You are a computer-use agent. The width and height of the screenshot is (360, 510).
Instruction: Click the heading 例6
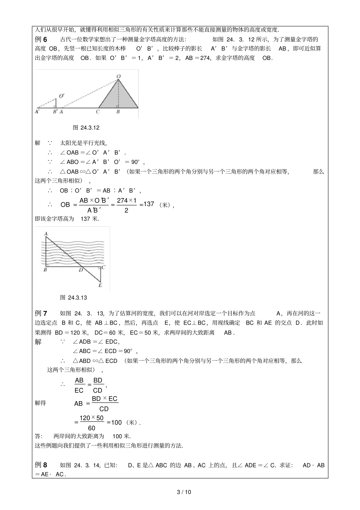pos(41,39)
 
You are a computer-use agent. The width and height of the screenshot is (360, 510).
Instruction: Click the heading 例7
pos(41,313)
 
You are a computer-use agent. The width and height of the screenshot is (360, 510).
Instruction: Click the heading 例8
pos(41,465)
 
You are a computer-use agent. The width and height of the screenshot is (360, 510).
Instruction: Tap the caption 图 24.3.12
pos(86,128)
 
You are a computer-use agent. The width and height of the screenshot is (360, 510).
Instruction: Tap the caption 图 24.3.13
pos(74,298)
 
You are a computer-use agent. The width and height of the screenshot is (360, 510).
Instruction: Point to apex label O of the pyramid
pos(119,77)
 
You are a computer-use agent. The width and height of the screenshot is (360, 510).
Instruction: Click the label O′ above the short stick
pos(61,96)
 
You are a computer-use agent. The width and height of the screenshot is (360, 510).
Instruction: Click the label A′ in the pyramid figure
pos(37,112)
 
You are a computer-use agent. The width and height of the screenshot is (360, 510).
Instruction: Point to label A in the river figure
pos(45,234)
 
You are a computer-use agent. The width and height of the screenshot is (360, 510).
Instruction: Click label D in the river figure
pos(80,270)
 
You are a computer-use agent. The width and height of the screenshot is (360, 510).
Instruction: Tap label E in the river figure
pos(100,285)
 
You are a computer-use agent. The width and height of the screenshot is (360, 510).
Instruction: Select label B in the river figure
pos(45,270)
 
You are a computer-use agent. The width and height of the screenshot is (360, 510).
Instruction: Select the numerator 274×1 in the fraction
pos(127,200)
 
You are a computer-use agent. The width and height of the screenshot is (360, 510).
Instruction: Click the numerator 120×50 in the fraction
pos(91,418)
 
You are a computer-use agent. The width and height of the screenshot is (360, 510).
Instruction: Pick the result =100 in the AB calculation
pos(114,422)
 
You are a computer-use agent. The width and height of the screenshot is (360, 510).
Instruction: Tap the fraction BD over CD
pos(98,385)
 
